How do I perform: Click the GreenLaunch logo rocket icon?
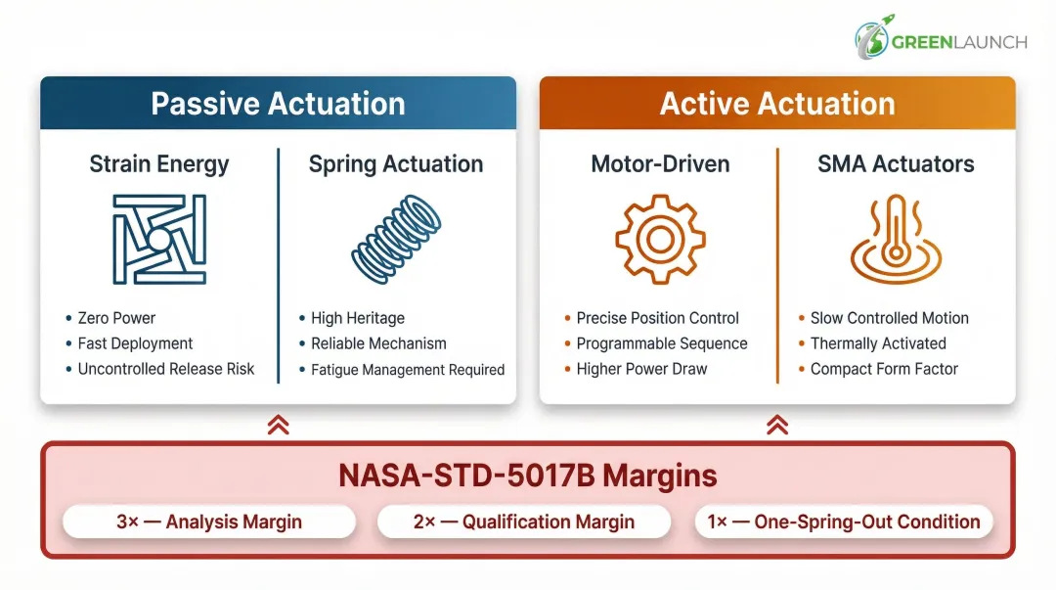pyautogui.click(x=871, y=39)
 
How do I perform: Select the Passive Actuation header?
pyautogui.click(x=278, y=104)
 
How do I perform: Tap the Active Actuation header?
pyautogui.click(x=777, y=104)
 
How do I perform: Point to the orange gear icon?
pyautogui.click(x=660, y=238)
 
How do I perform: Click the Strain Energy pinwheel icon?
pyautogui.click(x=159, y=238)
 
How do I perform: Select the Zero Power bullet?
pyautogui.click(x=116, y=318)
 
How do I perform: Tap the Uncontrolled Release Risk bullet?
pyautogui.click(x=165, y=369)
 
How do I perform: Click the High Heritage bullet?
pyautogui.click(x=357, y=318)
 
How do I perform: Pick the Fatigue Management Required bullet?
pyautogui.click(x=407, y=370)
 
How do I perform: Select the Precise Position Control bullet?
pyautogui.click(x=657, y=318)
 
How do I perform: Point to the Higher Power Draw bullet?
pyautogui.click(x=641, y=369)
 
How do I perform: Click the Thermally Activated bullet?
pyautogui.click(x=878, y=343)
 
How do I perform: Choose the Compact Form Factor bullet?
pyautogui.click(x=884, y=369)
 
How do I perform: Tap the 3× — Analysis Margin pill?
pyautogui.click(x=209, y=522)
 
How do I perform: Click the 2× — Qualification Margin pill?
pyautogui.click(x=524, y=522)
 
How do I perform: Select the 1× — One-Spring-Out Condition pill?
pyautogui.click(x=844, y=522)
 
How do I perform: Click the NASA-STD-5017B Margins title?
pyautogui.click(x=528, y=476)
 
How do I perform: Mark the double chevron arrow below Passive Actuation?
pyautogui.click(x=278, y=424)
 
